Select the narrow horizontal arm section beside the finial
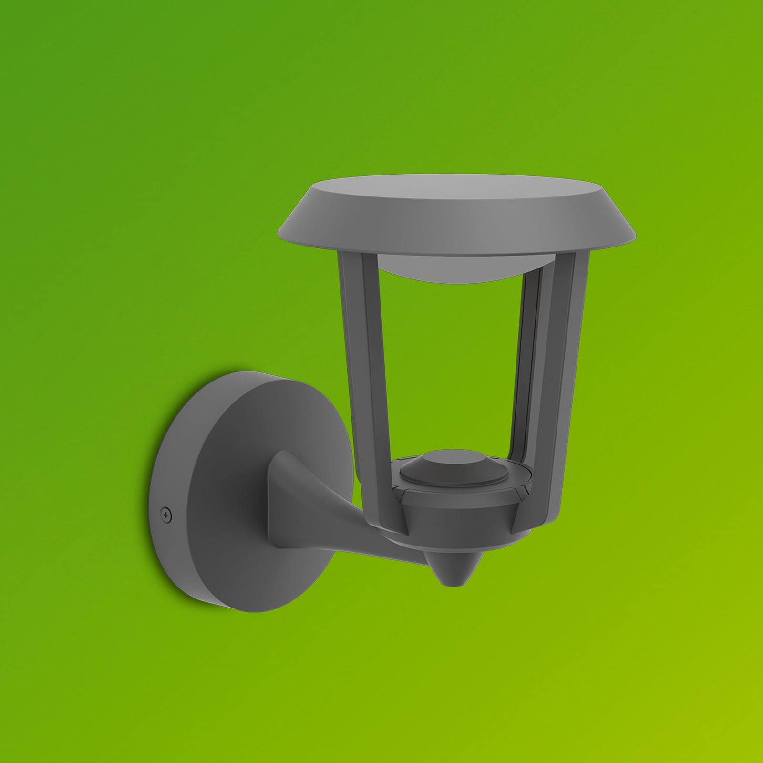click(x=391, y=546)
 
